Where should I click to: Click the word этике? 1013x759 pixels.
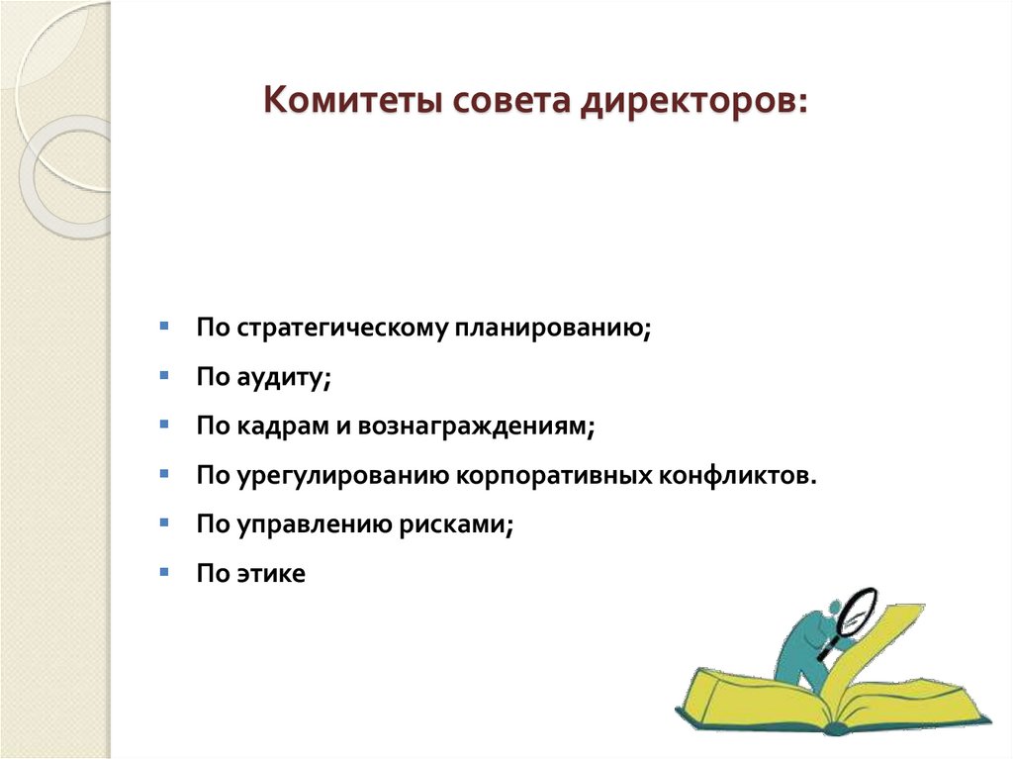point(271,573)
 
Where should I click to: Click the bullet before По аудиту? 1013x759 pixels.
point(163,375)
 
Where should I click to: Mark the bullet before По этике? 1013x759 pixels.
point(163,571)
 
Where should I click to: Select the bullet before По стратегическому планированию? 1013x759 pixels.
point(163,326)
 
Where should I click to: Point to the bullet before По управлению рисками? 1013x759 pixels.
point(163,522)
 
